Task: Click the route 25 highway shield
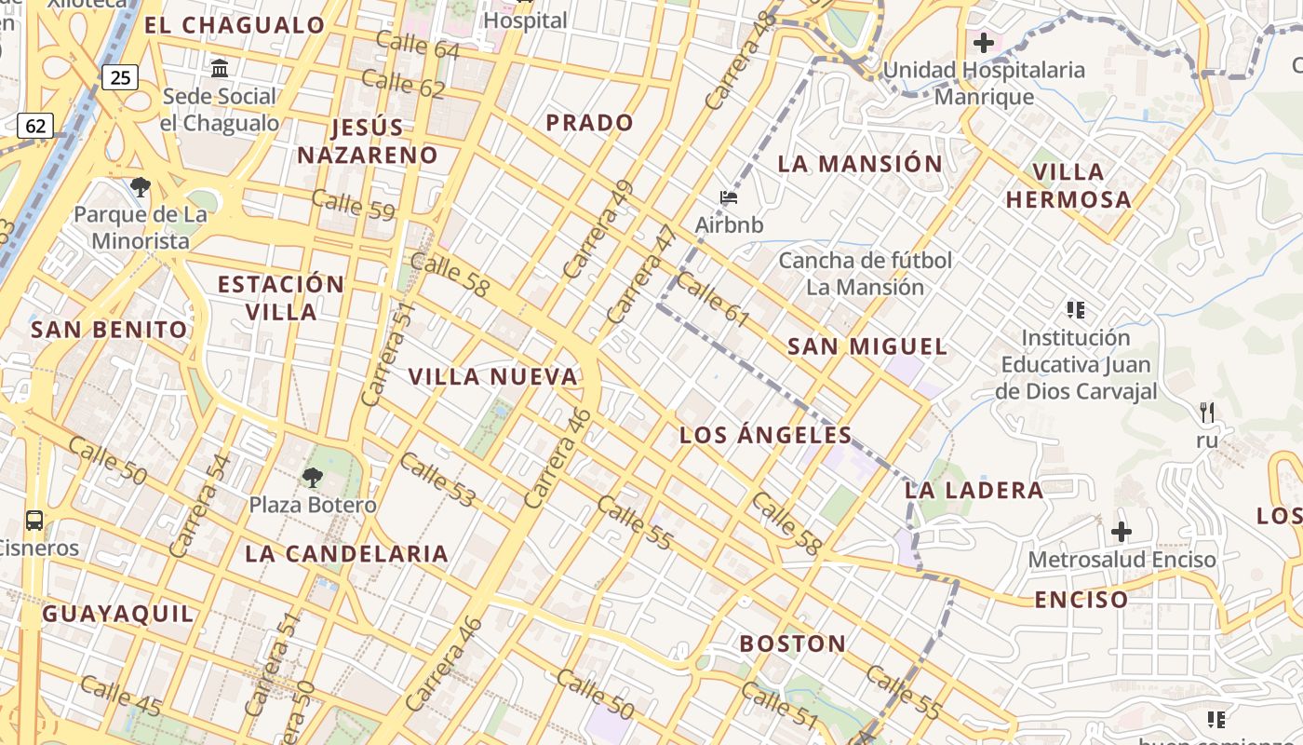coord(120,77)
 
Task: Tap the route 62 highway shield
coord(34,125)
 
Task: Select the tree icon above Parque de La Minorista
coord(141,187)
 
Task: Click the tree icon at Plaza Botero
coord(313,478)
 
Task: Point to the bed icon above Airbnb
coord(729,197)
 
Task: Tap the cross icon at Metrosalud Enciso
coord(1122,532)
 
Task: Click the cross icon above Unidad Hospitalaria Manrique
coord(983,42)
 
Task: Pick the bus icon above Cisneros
coord(34,521)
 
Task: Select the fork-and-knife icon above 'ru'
coord(1207,412)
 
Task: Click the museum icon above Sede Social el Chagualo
coord(220,68)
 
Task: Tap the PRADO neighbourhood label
coord(589,122)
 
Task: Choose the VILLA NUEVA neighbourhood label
coord(493,376)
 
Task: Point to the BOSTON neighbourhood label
coord(793,643)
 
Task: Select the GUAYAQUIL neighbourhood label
coord(118,613)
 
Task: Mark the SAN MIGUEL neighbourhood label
coord(867,346)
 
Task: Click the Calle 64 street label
coord(418,44)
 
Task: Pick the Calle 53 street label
coord(437,481)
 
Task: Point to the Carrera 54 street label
coord(201,506)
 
